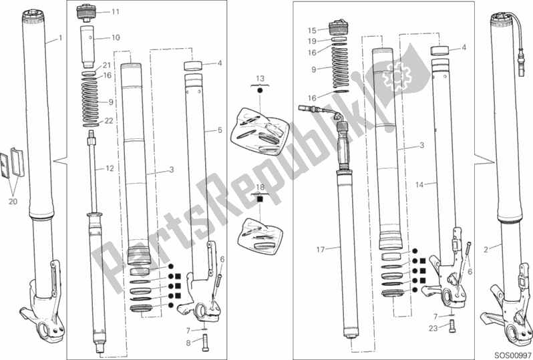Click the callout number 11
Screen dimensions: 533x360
[x=116, y=12]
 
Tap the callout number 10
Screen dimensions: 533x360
[x=116, y=37]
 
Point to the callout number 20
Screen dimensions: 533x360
[x=13, y=202]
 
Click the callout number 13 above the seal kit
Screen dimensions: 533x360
[x=260, y=79]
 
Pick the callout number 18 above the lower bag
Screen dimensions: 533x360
[x=260, y=187]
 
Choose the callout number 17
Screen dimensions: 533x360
[x=321, y=250]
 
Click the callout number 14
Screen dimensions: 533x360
[x=419, y=185]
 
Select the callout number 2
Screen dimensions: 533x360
[x=486, y=250]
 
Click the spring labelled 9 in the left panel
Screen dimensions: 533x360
[x=91, y=100]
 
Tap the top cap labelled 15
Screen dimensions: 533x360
[x=339, y=28]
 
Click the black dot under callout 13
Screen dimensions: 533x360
[x=260, y=91]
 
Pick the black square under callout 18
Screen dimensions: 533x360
[x=260, y=199]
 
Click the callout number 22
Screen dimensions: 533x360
[x=108, y=121]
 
